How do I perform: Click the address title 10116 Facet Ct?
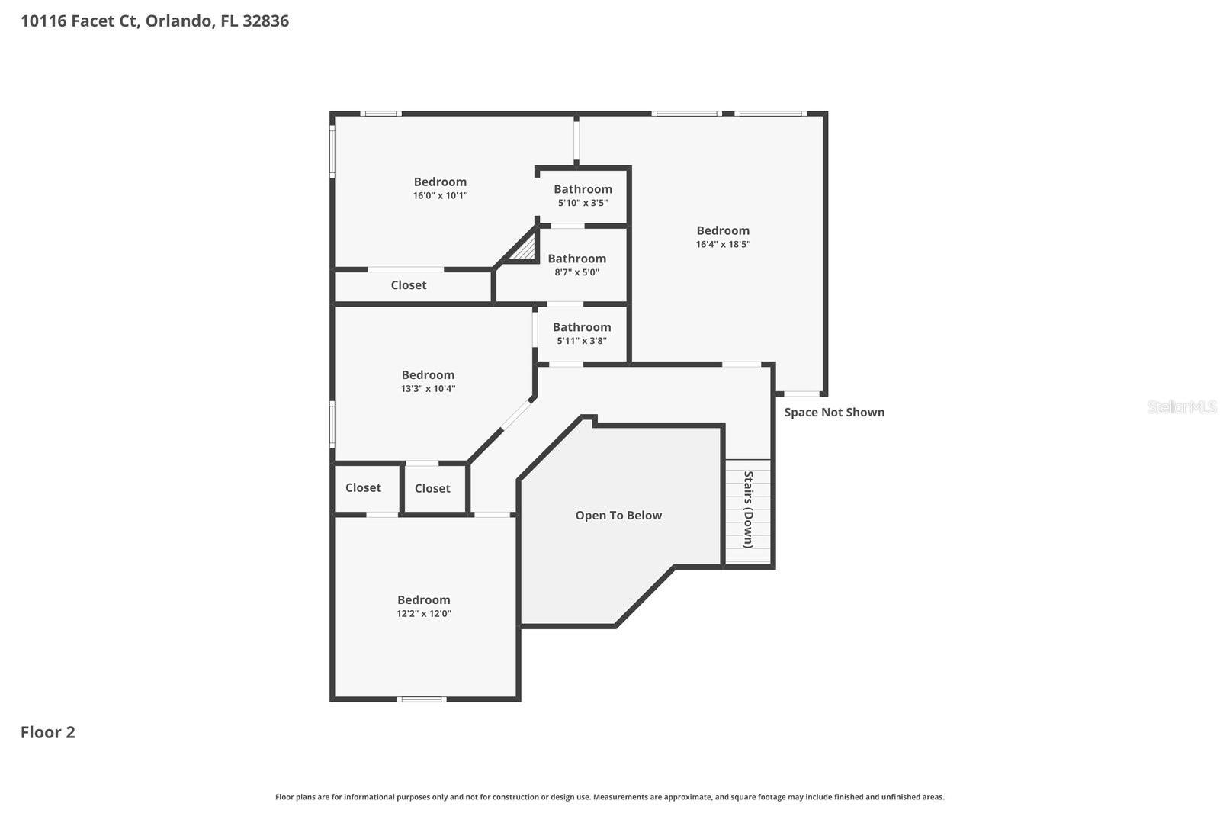pos(154,21)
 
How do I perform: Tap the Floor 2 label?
pos(47,732)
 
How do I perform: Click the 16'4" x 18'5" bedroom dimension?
pos(723,244)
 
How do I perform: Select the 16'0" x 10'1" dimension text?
pos(440,195)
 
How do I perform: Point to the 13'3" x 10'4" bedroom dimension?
pos(428,388)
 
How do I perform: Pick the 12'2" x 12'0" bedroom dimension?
pos(423,613)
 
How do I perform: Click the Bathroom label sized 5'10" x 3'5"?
pos(583,189)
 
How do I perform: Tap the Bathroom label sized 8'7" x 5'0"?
pos(576,259)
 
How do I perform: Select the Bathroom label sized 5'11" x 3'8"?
pos(582,327)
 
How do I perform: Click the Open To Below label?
pos(618,516)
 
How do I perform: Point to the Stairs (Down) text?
pos(748,509)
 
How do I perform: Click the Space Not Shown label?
pos(834,412)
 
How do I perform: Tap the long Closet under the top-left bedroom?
pos(409,285)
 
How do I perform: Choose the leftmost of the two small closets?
pos(363,487)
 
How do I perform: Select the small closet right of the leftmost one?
pos(432,488)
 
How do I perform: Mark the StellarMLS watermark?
pos(1182,406)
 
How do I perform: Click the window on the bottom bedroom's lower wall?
pos(422,699)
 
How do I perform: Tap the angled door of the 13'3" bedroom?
pos(516,415)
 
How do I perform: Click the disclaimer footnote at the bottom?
pos(609,797)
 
